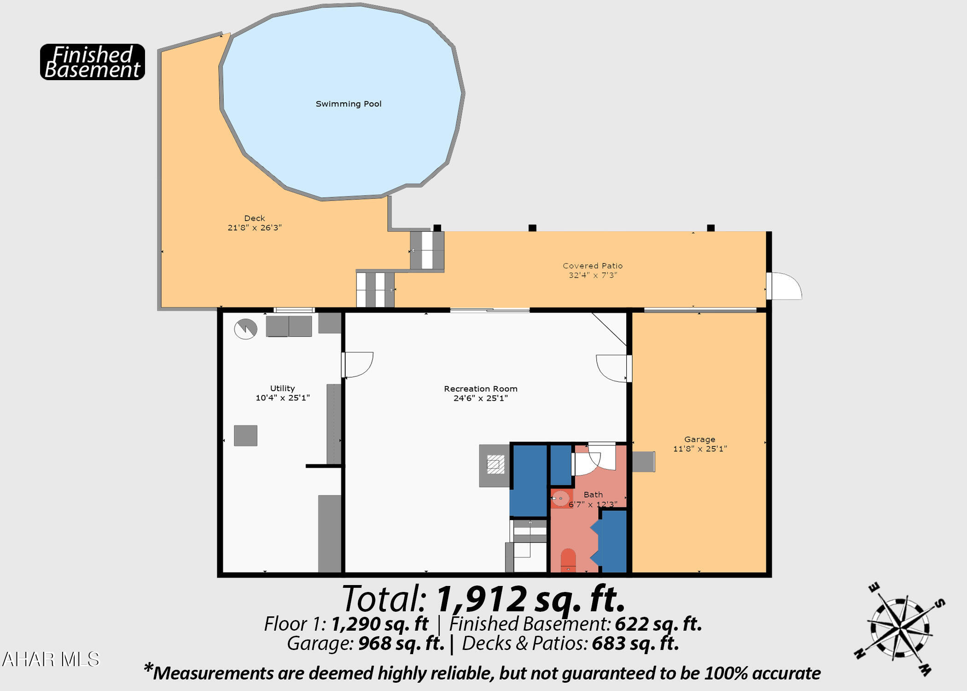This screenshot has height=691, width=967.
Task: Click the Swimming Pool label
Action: click(349, 104)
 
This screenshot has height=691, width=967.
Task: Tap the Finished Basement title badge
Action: click(93, 62)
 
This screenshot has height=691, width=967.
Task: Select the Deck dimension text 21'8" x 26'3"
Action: click(255, 228)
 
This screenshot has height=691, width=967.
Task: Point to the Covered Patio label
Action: click(593, 266)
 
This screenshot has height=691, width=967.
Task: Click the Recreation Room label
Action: click(481, 389)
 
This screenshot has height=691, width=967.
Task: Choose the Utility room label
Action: click(282, 388)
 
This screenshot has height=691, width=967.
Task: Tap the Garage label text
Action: click(699, 439)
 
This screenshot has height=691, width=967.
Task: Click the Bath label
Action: click(593, 494)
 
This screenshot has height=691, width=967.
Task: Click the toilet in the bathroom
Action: click(568, 560)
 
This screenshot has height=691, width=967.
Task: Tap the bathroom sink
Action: click(561, 498)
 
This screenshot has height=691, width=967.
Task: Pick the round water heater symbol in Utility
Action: click(245, 329)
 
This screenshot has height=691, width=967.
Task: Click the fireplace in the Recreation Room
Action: click(495, 465)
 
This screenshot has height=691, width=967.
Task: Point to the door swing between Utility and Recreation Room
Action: click(358, 365)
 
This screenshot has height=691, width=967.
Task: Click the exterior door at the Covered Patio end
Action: click(784, 286)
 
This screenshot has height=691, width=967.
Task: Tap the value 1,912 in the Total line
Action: click(481, 599)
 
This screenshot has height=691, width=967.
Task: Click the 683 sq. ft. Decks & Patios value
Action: click(635, 644)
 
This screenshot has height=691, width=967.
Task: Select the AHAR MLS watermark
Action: click(51, 659)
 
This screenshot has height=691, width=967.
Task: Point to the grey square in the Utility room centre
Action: click(245, 435)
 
